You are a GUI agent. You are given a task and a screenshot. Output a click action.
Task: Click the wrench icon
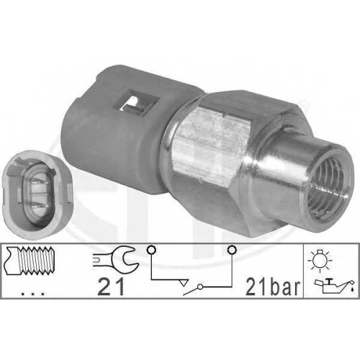[116, 260]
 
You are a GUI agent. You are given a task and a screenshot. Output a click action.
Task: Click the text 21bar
[273, 287]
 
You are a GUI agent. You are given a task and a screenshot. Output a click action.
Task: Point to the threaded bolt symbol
[31, 261]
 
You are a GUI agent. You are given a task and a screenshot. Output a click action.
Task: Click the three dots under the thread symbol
[32, 293]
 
